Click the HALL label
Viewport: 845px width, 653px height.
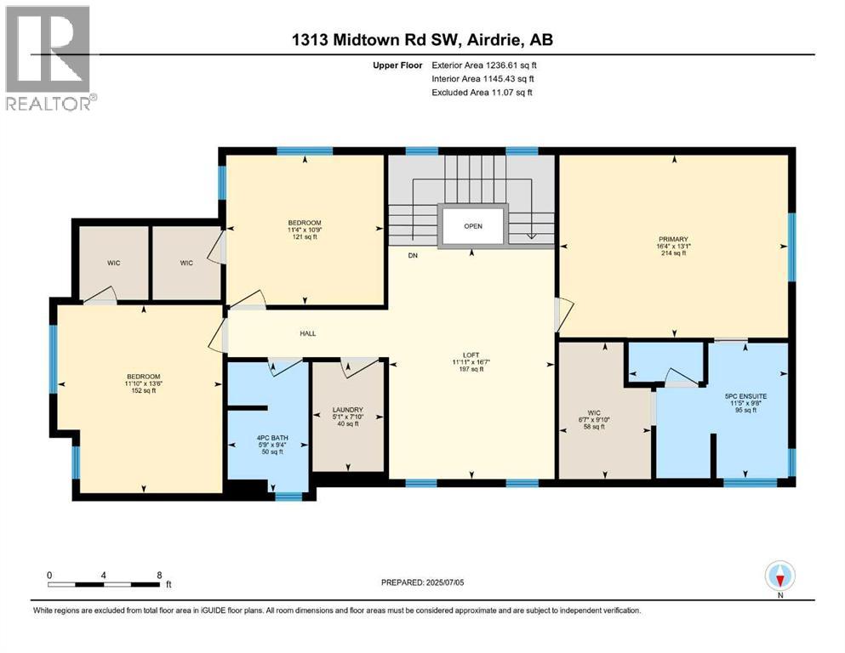[x=308, y=333]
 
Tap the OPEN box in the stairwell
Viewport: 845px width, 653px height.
[x=473, y=227]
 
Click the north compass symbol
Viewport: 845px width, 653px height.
[x=779, y=576]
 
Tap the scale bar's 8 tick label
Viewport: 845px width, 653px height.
[x=159, y=575]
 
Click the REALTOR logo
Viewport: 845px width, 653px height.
[x=49, y=59]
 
